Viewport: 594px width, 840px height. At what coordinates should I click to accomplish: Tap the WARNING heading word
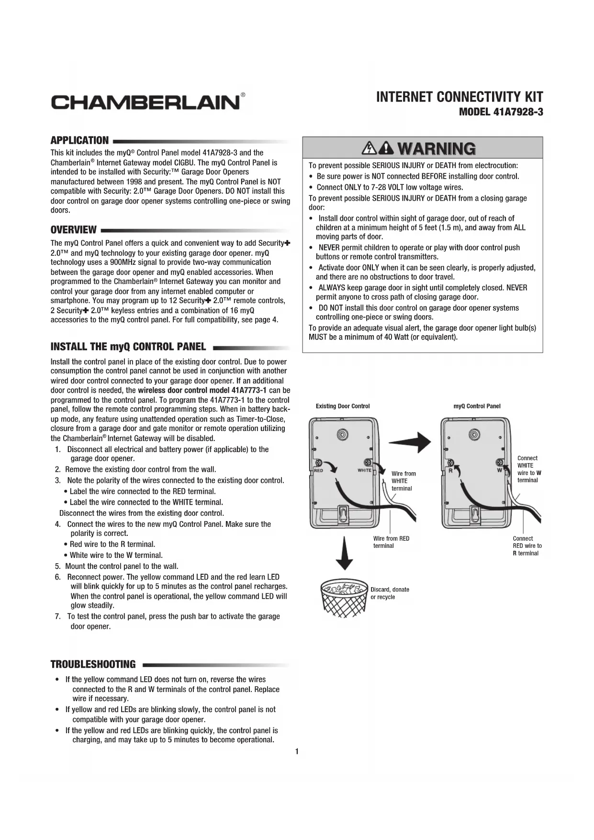tap(436, 148)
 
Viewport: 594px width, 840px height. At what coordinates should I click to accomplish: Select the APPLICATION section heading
tap(79, 140)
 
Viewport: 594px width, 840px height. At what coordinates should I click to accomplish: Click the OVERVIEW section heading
tap(74, 230)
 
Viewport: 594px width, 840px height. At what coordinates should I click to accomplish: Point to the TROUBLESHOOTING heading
tap(93, 664)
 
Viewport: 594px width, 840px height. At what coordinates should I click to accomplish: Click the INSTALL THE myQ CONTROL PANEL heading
tap(128, 347)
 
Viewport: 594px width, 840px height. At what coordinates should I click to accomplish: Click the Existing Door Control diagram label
tap(343, 406)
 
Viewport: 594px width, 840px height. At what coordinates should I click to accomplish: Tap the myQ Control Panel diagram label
tap(477, 406)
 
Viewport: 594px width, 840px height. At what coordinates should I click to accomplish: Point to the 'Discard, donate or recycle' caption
tap(390, 593)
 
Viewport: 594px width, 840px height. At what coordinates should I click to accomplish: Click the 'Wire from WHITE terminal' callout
tap(403, 481)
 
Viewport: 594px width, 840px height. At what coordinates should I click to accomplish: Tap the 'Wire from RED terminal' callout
tap(391, 542)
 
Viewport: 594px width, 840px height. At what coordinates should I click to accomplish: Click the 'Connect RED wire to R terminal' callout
tap(527, 546)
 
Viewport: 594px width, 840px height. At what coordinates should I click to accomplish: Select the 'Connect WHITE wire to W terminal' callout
tap(529, 469)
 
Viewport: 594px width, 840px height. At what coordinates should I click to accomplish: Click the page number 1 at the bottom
tap(297, 751)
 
